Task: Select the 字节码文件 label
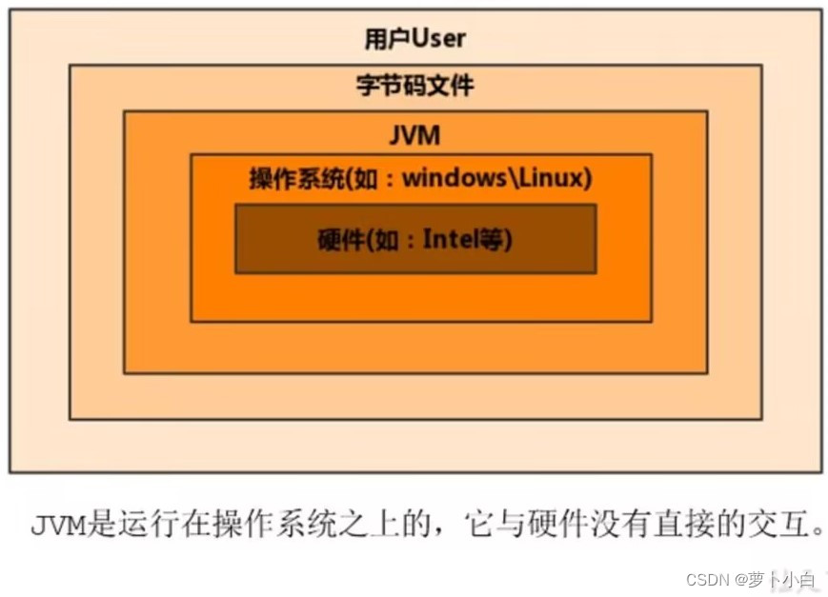414,86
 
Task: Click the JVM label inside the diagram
414,135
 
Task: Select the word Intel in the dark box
455,239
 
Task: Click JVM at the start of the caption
57,525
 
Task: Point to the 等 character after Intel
496,239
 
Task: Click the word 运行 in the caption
141,525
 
